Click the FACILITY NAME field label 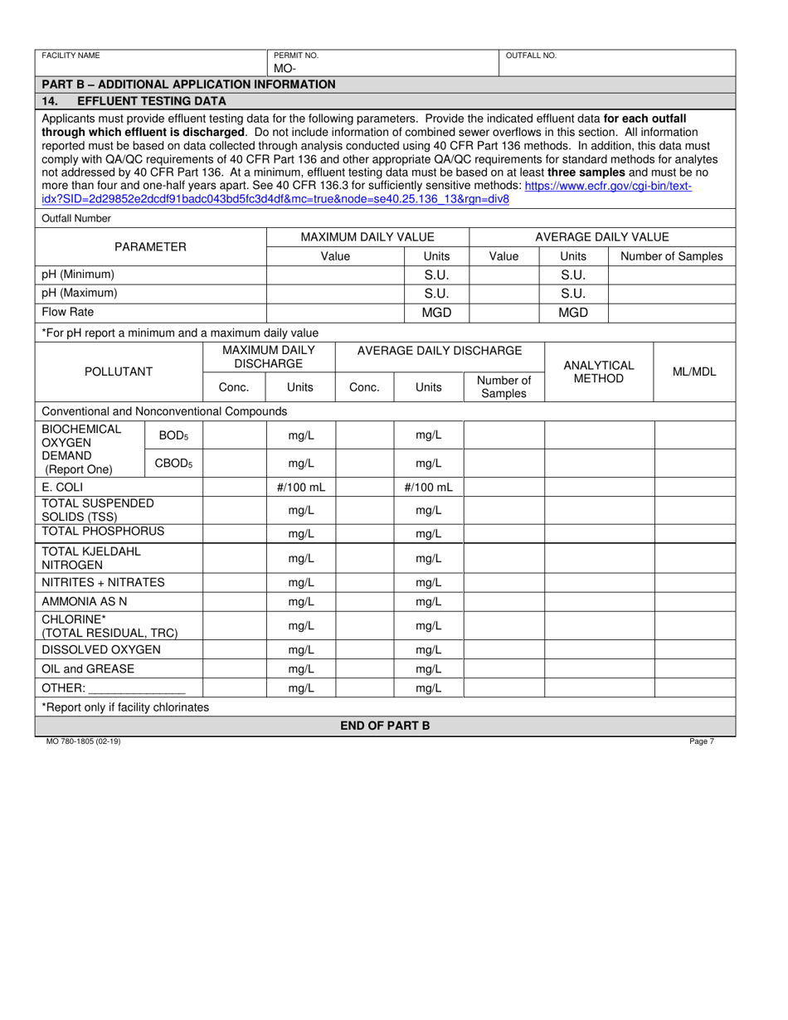pyautogui.click(x=71, y=56)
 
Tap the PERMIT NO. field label pyautogui.click(x=290, y=56)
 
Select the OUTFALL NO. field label pyautogui.click(x=531, y=56)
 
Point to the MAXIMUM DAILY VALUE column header pyautogui.click(x=367, y=237)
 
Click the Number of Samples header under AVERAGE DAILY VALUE pyautogui.click(x=672, y=256)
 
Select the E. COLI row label pyautogui.click(x=62, y=487)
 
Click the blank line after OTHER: pyautogui.click(x=136, y=688)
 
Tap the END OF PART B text pyautogui.click(x=385, y=726)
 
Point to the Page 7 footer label pyautogui.click(x=701, y=742)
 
